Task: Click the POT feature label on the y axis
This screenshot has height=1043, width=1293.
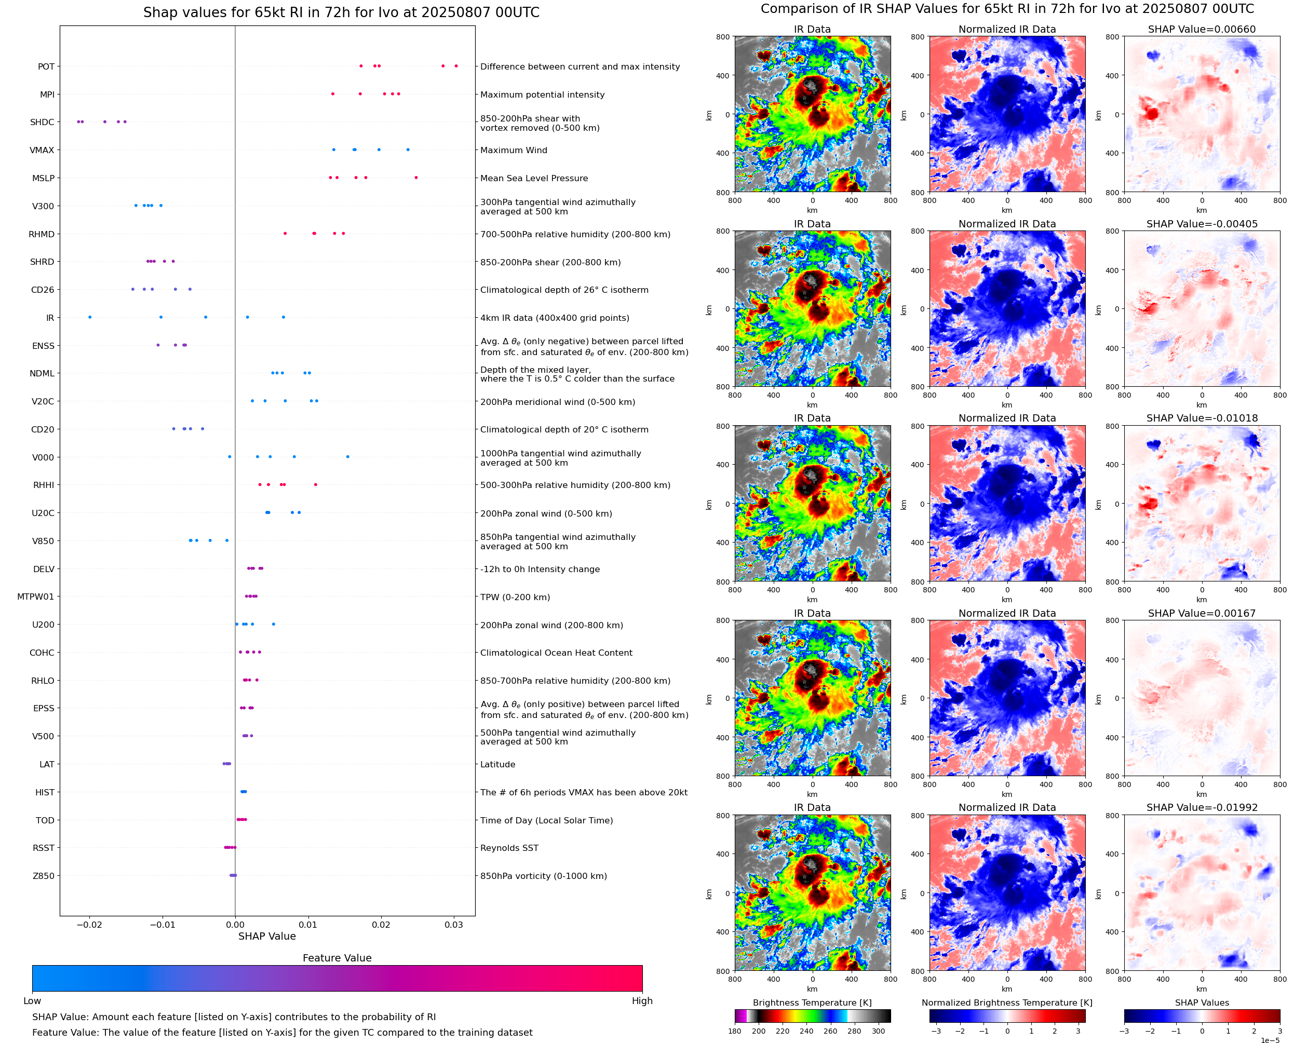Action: [x=46, y=66]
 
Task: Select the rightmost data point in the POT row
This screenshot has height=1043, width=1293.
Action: [x=456, y=66]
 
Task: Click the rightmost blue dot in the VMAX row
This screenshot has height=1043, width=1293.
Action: [x=408, y=150]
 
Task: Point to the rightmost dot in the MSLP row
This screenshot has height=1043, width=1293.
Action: [x=416, y=178]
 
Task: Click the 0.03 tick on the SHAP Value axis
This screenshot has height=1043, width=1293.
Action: [x=454, y=925]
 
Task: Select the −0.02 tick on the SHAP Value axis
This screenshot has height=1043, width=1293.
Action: [x=89, y=925]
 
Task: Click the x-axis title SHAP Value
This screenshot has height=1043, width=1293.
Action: [x=267, y=936]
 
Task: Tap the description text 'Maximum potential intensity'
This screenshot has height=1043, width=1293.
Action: [x=542, y=95]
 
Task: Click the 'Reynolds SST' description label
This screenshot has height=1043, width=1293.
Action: [x=509, y=848]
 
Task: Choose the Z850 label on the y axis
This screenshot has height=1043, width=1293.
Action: [x=43, y=876]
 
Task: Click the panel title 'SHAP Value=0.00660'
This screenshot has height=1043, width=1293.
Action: [x=1202, y=30]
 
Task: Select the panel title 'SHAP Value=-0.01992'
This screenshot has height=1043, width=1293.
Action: [x=1202, y=807]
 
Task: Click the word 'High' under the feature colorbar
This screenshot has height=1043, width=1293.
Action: [x=642, y=1001]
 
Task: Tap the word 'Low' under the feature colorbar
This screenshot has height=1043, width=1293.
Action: [x=32, y=1001]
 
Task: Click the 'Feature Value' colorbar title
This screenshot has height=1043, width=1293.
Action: [x=337, y=958]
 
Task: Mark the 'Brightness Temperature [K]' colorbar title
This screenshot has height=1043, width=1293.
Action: [x=812, y=1003]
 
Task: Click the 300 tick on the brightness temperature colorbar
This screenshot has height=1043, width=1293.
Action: [x=879, y=1031]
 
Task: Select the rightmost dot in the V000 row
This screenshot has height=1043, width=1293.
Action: [x=348, y=457]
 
